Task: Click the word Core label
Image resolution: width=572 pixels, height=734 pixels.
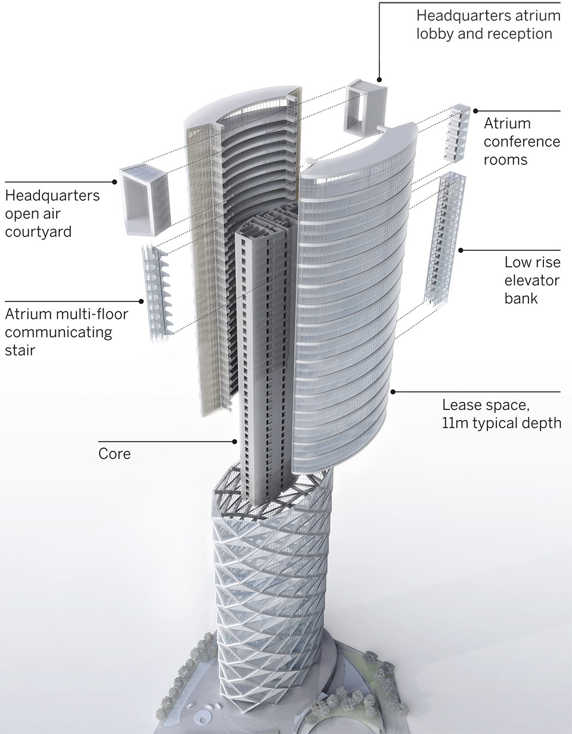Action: (114, 454)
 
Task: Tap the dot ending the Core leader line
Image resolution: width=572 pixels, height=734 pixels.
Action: (235, 441)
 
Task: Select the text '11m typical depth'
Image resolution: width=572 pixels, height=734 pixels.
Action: (501, 423)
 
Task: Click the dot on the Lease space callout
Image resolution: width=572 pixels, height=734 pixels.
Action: (393, 391)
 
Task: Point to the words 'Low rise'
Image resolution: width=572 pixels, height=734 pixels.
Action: (532, 262)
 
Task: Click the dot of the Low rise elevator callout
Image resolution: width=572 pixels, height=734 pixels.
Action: (460, 250)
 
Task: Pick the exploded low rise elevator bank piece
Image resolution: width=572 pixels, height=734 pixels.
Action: (444, 238)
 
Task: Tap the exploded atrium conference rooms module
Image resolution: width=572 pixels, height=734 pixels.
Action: (459, 135)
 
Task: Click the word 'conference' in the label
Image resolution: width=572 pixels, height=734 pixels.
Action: (521, 142)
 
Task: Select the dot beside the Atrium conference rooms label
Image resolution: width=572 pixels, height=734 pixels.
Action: (475, 111)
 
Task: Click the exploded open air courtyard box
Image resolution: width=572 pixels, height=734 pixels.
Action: (145, 199)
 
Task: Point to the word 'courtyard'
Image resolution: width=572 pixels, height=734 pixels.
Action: (38, 231)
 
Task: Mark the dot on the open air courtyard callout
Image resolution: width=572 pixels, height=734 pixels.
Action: (115, 182)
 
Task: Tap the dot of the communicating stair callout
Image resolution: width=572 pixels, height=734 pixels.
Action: (142, 301)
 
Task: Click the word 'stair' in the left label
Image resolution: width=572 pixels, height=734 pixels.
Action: (20, 350)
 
